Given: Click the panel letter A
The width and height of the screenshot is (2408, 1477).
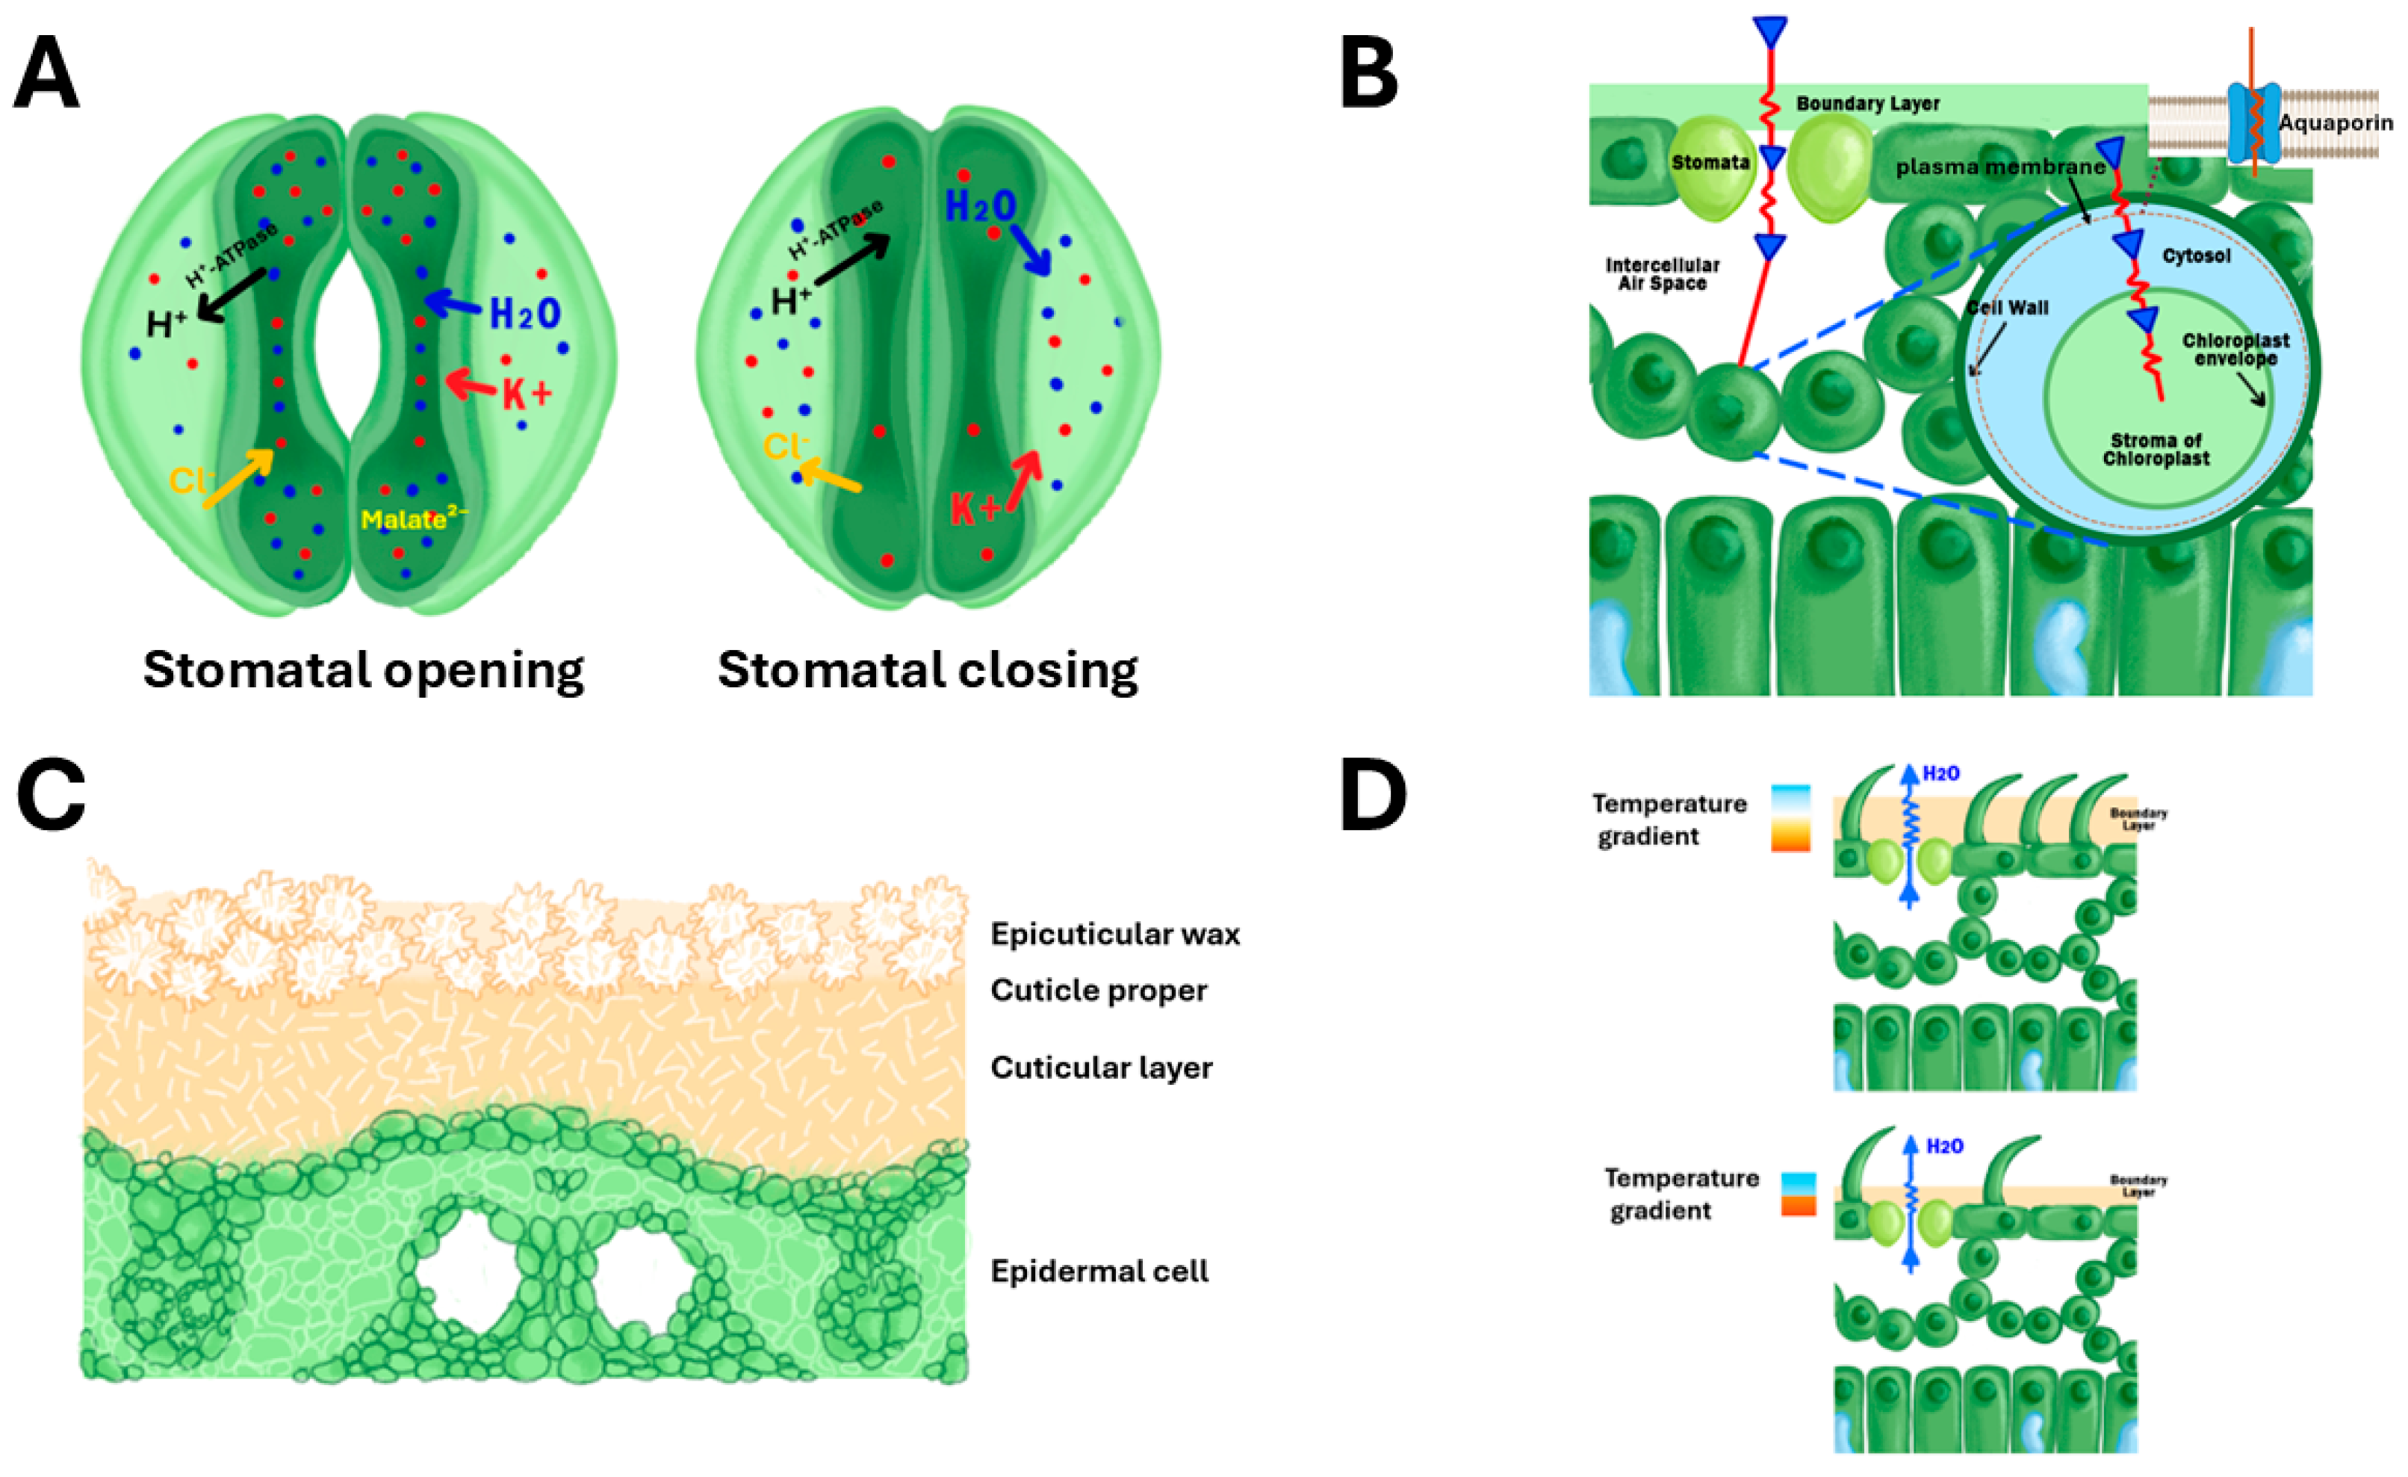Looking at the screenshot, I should (x=46, y=73).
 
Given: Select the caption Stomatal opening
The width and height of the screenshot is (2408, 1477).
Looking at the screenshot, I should (x=364, y=671).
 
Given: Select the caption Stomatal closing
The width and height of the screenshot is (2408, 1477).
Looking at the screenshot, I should (x=928, y=671).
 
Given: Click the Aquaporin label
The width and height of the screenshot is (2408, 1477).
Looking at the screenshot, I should (x=2336, y=123).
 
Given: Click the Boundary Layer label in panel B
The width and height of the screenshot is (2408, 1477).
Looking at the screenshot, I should (x=1867, y=104).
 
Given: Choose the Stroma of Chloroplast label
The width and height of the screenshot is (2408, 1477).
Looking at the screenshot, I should (x=2156, y=449).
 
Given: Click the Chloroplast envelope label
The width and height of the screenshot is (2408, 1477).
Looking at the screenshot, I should (x=2236, y=349).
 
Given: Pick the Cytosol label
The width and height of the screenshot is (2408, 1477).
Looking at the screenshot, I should (x=2196, y=256).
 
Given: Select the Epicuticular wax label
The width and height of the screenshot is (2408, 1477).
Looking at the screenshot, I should (x=1115, y=934).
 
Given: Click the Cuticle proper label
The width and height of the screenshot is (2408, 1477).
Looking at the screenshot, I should (x=1099, y=990).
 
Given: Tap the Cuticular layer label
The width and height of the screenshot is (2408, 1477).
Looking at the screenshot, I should (x=1102, y=1068).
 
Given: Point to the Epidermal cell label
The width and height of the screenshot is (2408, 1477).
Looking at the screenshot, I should (x=1099, y=1271).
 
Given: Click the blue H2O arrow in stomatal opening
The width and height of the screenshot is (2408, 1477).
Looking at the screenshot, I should (x=453, y=304).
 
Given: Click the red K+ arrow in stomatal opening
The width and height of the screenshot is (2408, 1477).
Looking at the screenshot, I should (x=471, y=384).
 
